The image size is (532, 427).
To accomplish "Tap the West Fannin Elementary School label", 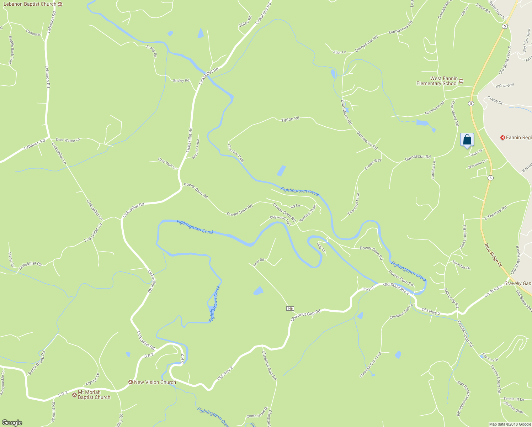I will (x=437, y=81).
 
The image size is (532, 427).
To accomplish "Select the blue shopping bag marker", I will (x=467, y=140).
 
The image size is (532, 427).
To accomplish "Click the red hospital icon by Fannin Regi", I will (x=502, y=137).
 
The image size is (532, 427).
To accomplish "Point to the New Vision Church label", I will (x=155, y=382).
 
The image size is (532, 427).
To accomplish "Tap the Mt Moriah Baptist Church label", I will (x=94, y=395).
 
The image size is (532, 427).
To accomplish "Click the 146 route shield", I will (x=290, y=308).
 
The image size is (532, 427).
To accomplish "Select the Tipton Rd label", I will (x=290, y=120).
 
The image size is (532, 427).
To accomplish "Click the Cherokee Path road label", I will (x=236, y=153).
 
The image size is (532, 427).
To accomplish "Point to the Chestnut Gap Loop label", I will (x=370, y=365).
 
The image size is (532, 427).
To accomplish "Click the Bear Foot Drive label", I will (x=353, y=204).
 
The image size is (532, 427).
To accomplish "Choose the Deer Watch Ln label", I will (x=68, y=140).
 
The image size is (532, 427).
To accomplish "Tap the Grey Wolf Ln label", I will (x=167, y=164).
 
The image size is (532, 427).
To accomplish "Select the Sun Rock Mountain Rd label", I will (x=463, y=399).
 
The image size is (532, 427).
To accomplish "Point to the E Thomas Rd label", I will (x=495, y=213).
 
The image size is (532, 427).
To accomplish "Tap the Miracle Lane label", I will (x=196, y=149).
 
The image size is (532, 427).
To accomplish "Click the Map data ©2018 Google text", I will (x=510, y=424).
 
